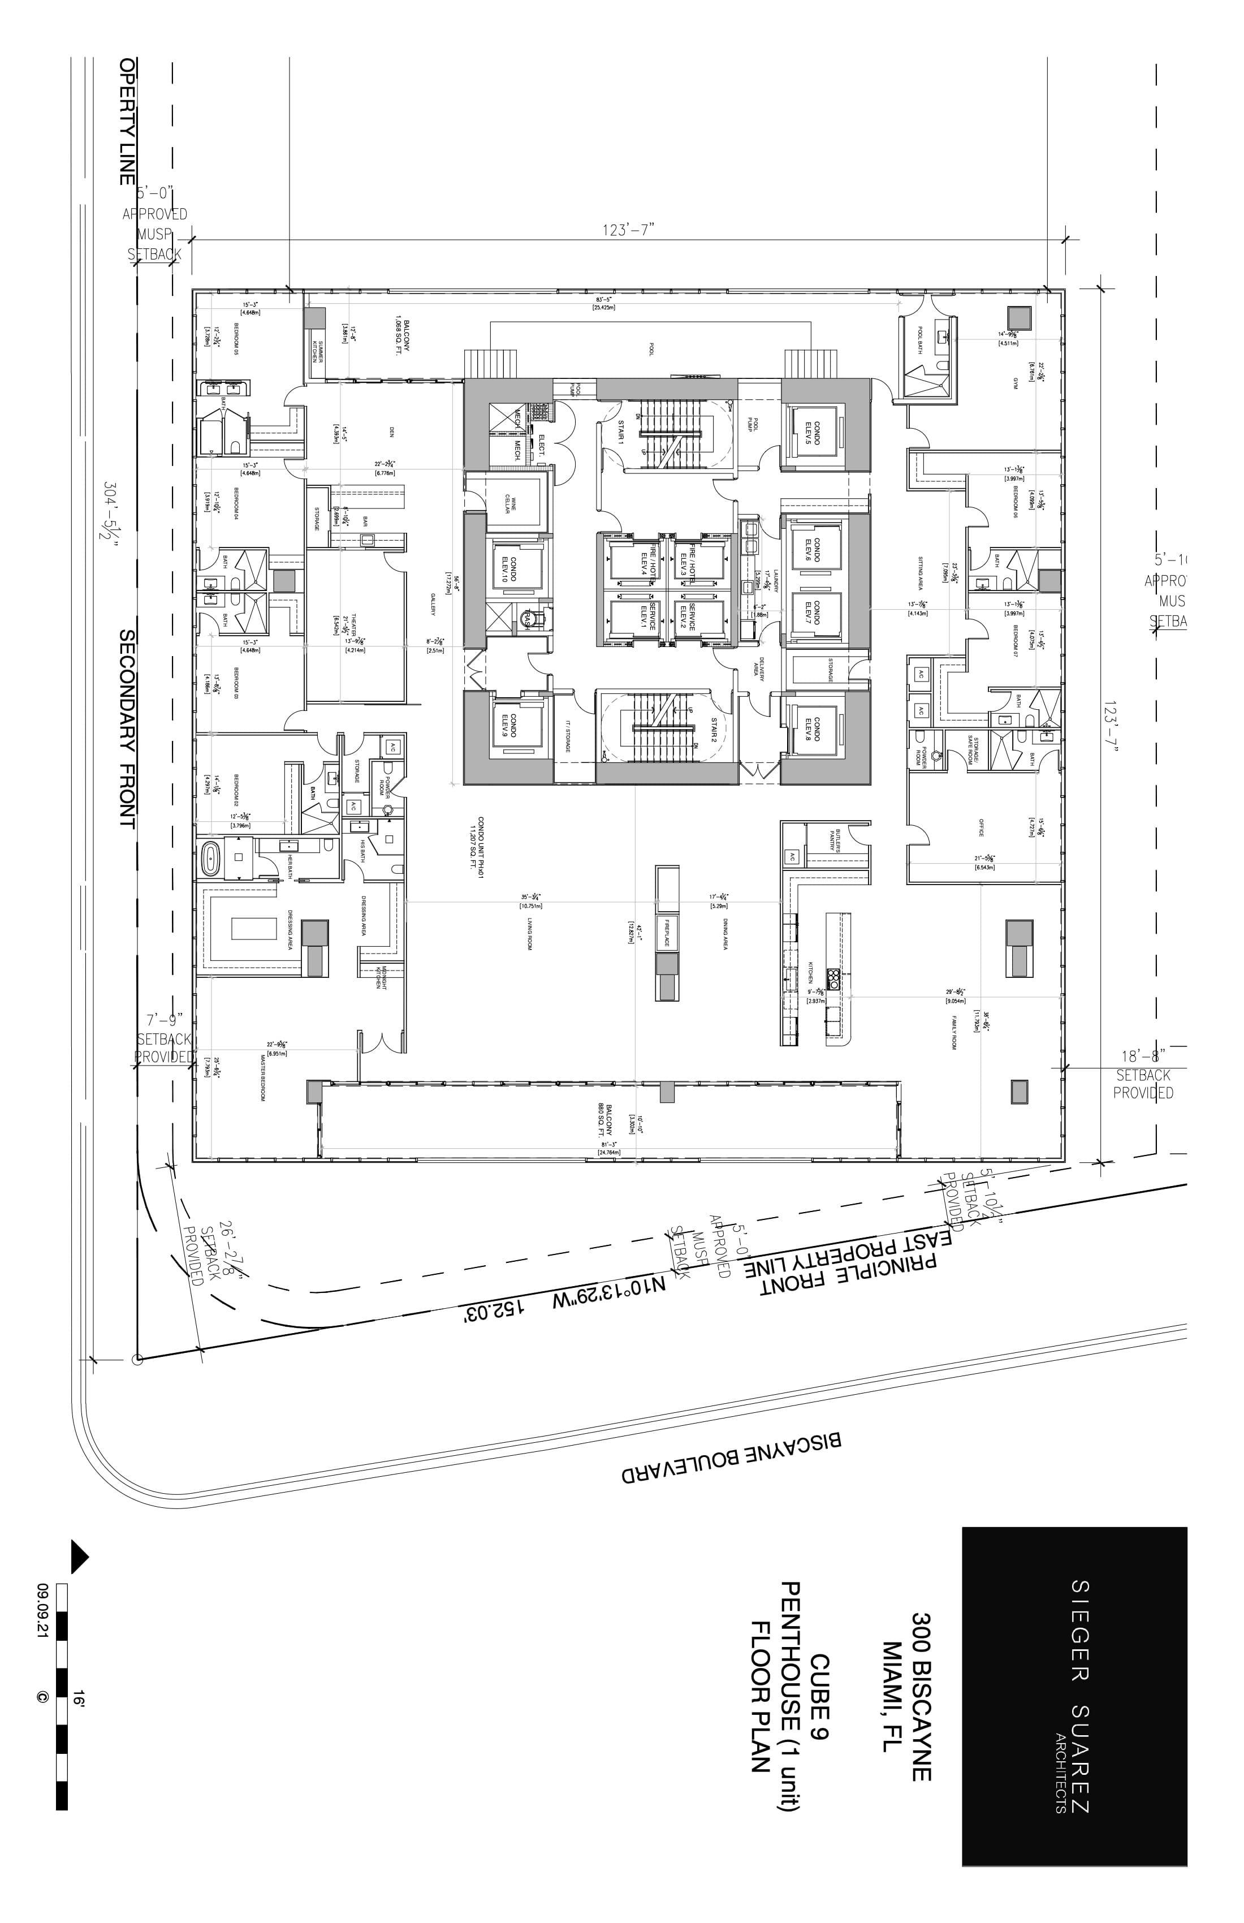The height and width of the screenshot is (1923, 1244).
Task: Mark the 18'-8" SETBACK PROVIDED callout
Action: point(1143,1074)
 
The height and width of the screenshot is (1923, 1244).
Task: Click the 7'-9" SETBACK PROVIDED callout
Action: point(165,1038)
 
